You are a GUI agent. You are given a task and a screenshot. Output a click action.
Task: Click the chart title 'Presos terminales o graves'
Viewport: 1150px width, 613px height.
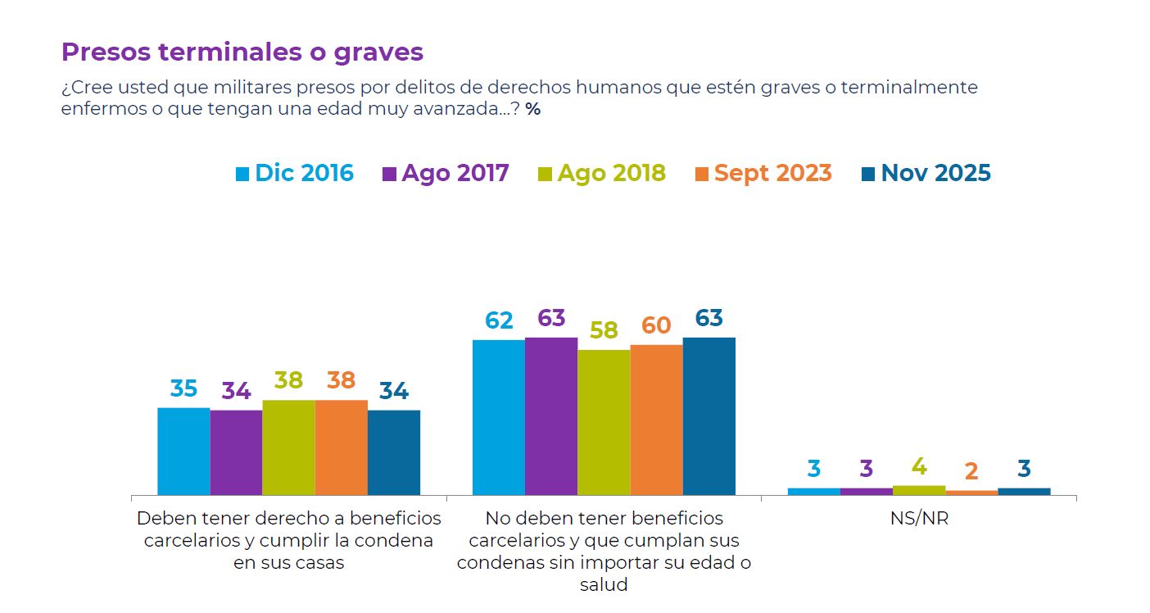[242, 52]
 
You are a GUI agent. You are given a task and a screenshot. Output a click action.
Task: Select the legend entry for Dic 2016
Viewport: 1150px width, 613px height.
[294, 174]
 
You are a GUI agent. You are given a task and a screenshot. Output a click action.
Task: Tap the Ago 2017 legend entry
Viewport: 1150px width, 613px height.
[446, 174]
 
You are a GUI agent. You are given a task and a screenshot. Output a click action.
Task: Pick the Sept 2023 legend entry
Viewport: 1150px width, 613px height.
[763, 174]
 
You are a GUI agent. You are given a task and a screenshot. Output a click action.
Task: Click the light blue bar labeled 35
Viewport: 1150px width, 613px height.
[183, 451]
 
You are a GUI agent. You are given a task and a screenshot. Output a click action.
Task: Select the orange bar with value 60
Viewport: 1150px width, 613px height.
[656, 420]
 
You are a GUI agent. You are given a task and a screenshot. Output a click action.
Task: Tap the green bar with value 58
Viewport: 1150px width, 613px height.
[604, 422]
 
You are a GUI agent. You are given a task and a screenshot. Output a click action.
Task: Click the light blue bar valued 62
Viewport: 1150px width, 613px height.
[499, 417]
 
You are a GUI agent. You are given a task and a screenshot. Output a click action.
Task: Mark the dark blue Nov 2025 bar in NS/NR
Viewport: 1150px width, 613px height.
[1024, 492]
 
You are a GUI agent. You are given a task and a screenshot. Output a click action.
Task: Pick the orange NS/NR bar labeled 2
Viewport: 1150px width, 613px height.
[971, 493]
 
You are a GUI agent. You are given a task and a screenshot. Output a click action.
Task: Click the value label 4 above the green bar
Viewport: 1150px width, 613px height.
[919, 467]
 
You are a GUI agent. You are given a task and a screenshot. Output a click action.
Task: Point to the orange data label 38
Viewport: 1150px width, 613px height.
[341, 381]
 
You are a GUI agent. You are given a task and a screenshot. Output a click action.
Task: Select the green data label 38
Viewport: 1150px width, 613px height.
[288, 381]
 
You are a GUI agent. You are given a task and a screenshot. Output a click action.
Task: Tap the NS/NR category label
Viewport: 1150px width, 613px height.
[919, 519]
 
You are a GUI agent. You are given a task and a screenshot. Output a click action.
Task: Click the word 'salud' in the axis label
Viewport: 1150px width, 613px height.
[604, 585]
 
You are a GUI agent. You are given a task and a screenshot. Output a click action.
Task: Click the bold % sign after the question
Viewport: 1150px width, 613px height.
[533, 109]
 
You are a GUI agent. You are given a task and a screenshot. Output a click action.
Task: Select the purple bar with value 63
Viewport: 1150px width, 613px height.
[551, 415]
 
